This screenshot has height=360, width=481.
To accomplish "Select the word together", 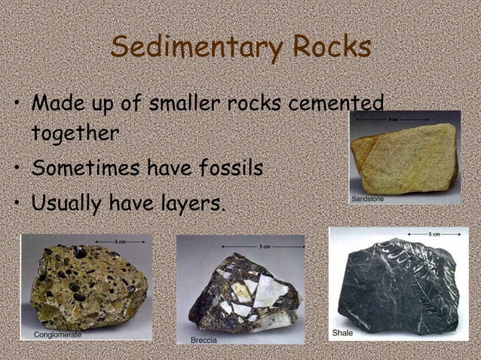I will click(x=75, y=133).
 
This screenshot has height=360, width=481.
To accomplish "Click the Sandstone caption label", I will click(x=369, y=199).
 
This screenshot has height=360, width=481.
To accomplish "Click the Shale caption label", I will click(x=343, y=331).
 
